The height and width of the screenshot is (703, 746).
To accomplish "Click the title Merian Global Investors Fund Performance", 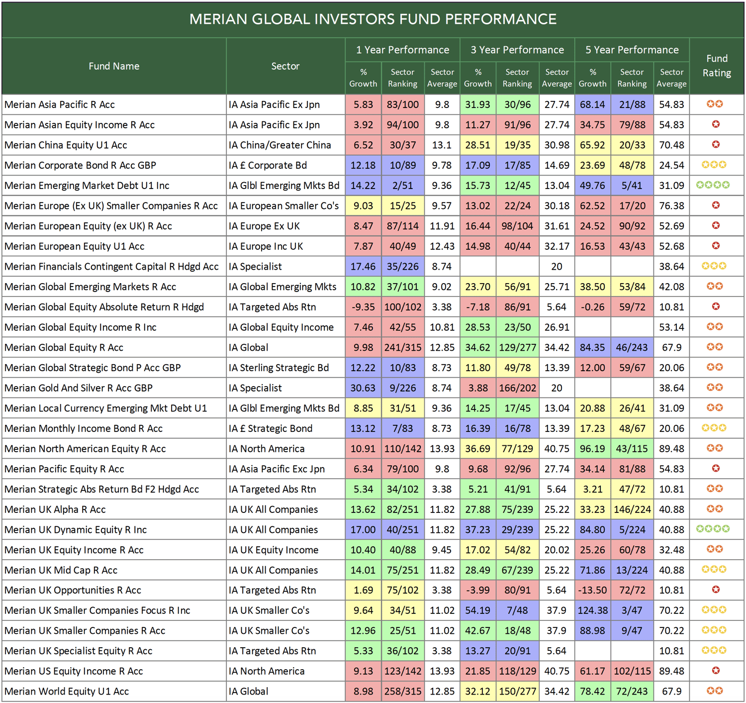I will (x=373, y=19).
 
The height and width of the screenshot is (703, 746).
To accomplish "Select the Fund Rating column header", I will (x=716, y=66).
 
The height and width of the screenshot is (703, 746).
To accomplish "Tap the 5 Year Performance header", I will (x=632, y=50).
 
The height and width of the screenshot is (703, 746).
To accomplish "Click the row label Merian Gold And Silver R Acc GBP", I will (x=79, y=388).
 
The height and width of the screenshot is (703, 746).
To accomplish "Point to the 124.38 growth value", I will (x=592, y=610).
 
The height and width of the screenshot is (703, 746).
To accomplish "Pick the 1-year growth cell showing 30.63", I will (x=363, y=388).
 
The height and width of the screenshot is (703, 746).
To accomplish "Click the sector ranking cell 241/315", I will (x=402, y=348).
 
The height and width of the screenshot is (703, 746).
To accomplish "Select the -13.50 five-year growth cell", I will (x=592, y=591).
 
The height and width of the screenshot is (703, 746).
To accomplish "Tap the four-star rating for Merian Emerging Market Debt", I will (x=713, y=185).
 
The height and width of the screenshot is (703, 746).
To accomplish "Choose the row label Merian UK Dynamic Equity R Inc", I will (x=76, y=530).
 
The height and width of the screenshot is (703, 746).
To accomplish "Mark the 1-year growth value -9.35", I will (x=363, y=307).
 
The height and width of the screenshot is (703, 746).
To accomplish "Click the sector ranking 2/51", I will (x=402, y=186).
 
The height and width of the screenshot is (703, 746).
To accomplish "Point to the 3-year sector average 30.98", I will (x=557, y=145).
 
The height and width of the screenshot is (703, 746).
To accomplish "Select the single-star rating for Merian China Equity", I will (x=716, y=145).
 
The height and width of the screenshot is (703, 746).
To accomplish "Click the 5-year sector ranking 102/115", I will (x=632, y=671).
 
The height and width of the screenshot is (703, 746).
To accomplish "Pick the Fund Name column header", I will (x=114, y=66).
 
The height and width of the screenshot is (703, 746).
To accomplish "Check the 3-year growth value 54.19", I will (x=477, y=610).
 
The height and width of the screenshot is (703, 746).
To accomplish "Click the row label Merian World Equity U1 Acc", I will (x=67, y=692).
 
